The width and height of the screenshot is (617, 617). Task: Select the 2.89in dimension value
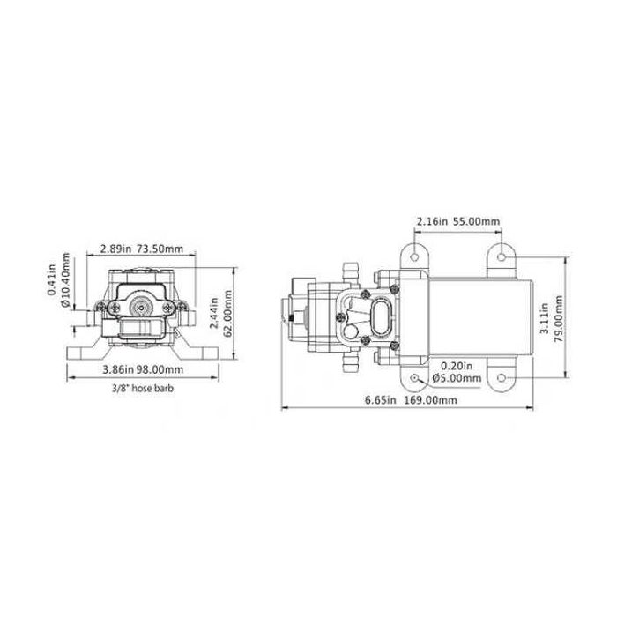[115, 249]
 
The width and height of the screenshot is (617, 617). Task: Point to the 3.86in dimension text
[118, 369]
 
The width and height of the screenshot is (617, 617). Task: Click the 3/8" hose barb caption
[143, 389]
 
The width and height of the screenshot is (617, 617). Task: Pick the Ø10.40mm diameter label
[65, 279]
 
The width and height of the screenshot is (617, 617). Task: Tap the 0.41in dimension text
[52, 279]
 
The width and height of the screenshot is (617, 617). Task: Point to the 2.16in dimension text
[432, 221]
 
